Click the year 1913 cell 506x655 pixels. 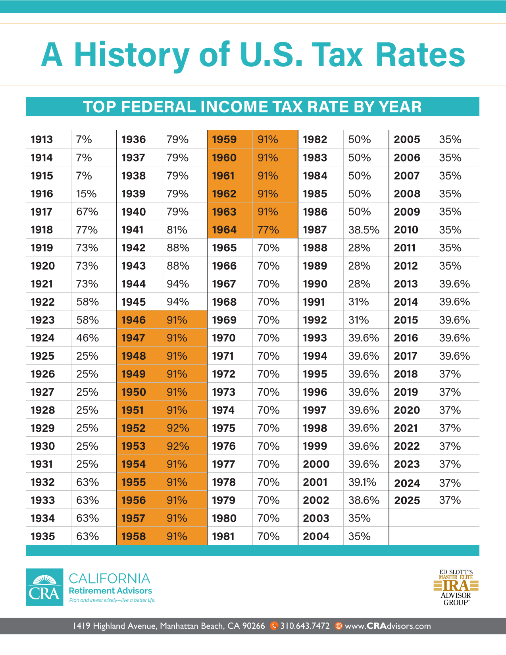42,139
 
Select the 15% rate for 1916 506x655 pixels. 87,194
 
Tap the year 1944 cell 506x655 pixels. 133,284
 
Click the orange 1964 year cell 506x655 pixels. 224,230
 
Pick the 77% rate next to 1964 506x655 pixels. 268,230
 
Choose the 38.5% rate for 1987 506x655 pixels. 364,230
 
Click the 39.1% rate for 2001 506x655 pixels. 362,482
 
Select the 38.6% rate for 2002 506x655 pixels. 364,500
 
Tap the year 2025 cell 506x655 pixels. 407,501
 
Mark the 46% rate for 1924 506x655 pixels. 87,338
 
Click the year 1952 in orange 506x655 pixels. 133,428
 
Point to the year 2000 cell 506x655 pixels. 316,464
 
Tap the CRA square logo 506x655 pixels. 44,587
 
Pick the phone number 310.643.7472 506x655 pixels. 305,626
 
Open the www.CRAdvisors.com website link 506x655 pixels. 388,626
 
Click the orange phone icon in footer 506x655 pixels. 274,626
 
